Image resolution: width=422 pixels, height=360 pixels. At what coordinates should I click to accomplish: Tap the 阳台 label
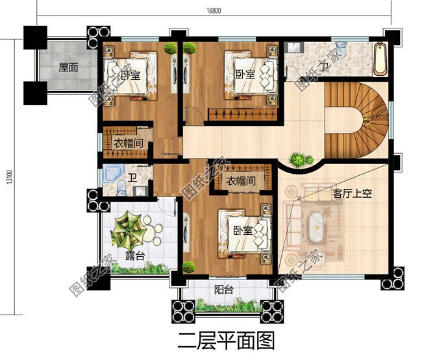coord(224,289)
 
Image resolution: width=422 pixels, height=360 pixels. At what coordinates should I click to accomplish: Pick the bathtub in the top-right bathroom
coord(380,59)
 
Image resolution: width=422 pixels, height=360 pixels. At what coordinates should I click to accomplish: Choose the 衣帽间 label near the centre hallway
coord(240,180)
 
